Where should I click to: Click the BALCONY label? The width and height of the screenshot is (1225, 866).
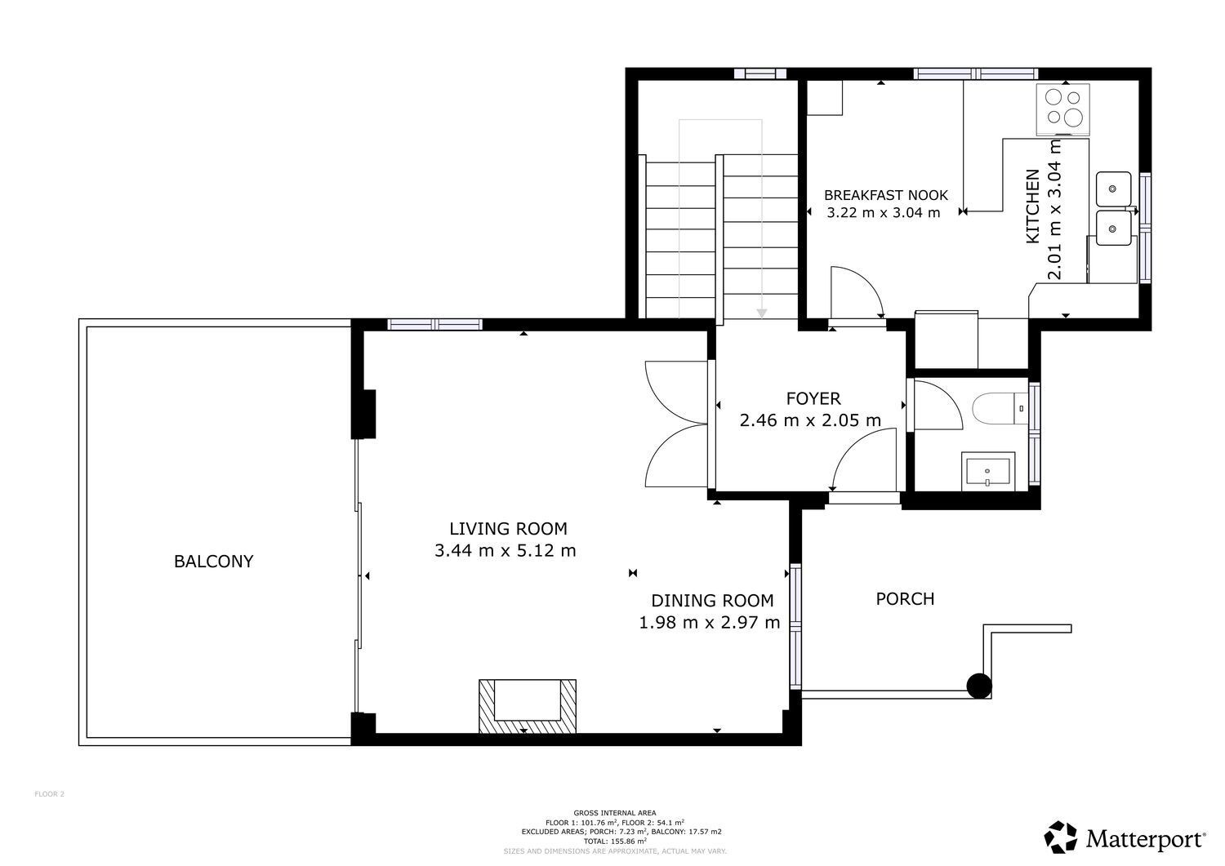pyautogui.click(x=213, y=562)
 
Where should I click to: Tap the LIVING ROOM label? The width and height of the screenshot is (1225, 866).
pyautogui.click(x=508, y=529)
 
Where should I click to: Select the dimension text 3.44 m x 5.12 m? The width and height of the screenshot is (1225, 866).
pyautogui.click(x=506, y=550)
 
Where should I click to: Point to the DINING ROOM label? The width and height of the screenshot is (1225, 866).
pyautogui.click(x=712, y=601)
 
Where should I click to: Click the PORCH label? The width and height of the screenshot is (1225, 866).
pyautogui.click(x=905, y=599)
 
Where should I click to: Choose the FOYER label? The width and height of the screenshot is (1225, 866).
pyautogui.click(x=813, y=398)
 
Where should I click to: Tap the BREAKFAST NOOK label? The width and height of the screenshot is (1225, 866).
pyautogui.click(x=886, y=195)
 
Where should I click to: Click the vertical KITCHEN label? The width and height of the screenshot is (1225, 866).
pyautogui.click(x=1032, y=207)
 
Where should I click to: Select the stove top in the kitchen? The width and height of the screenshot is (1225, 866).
pyautogui.click(x=1063, y=109)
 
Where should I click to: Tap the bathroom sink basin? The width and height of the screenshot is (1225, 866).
pyautogui.click(x=987, y=472)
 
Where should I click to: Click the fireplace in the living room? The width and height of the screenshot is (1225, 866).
pyautogui.click(x=528, y=706)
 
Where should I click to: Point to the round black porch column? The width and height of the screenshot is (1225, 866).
pyautogui.click(x=979, y=686)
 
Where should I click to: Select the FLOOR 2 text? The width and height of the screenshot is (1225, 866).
pyautogui.click(x=49, y=794)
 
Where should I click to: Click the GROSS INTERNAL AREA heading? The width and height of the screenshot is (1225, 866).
pyautogui.click(x=615, y=813)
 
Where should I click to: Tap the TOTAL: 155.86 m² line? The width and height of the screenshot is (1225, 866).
pyautogui.click(x=615, y=841)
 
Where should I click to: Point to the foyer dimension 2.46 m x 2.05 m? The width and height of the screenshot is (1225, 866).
pyautogui.click(x=810, y=420)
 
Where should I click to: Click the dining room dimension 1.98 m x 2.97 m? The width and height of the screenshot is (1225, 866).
pyautogui.click(x=710, y=622)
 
